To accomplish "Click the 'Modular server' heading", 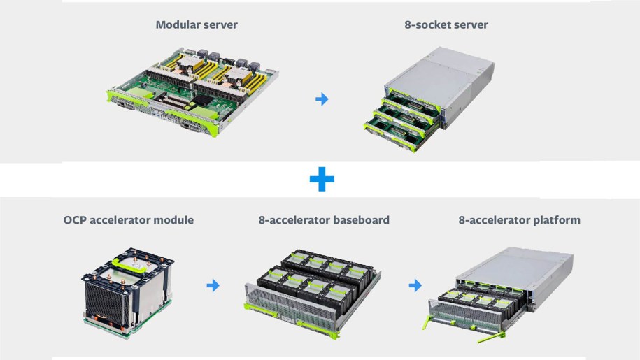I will pyautogui.click(x=196, y=25).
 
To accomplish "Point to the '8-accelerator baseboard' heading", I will pyautogui.click(x=324, y=220).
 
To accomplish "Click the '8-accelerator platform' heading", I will pyautogui.click(x=519, y=220).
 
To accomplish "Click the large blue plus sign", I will pyautogui.click(x=322, y=180).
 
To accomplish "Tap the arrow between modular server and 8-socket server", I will pyautogui.click(x=322, y=99).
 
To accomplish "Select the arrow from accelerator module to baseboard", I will pyautogui.click(x=213, y=285).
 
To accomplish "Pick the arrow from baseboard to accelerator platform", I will pyautogui.click(x=415, y=285).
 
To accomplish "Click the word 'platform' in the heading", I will pyautogui.click(x=556, y=220).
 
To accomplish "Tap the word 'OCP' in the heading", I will pyautogui.click(x=76, y=220).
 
